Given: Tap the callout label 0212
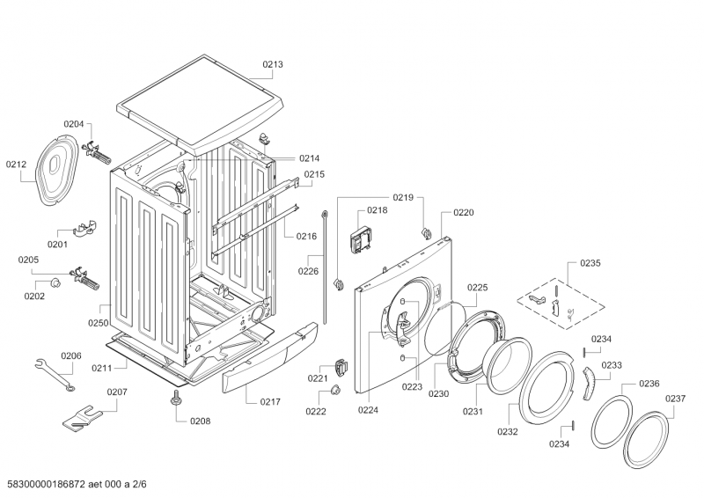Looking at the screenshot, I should tap(17, 164).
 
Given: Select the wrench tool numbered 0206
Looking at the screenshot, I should tap(54, 374).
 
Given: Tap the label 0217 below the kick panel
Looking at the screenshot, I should tap(270, 402).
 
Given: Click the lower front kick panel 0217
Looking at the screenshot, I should tap(268, 361).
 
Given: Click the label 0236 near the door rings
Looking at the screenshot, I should tap(649, 383).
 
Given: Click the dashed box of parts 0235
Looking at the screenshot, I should tap(561, 299).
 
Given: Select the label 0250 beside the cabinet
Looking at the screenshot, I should tap(98, 323).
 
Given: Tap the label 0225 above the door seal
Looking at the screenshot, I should tap(477, 288).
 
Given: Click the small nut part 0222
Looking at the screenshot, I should tap(335, 390).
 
